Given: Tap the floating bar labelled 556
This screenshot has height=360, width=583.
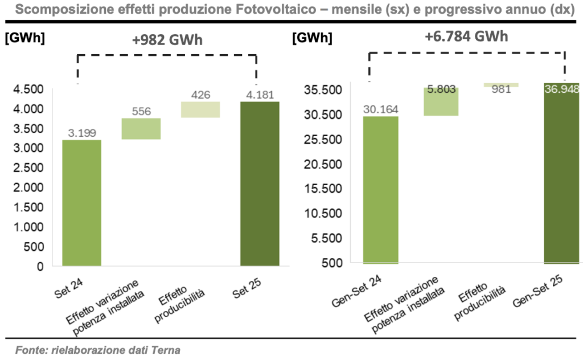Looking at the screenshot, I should tap(141, 129).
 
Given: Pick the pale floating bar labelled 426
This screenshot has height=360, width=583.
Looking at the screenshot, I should tap(200, 109).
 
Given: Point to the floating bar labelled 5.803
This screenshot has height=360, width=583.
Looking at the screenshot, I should tap(441, 101).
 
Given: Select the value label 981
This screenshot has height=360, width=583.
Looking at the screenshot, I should tap(501, 89).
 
